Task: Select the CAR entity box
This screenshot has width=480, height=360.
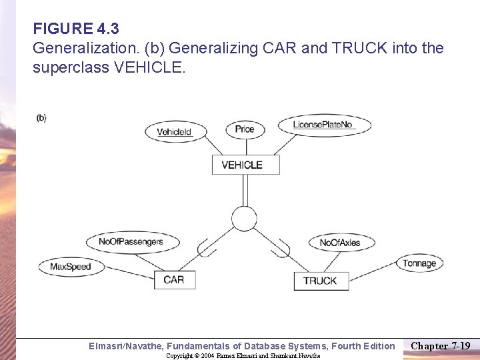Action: point(174,279)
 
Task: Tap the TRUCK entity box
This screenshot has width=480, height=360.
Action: point(320,281)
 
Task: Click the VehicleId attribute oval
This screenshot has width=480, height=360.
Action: point(174,131)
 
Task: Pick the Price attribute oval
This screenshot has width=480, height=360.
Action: point(245,129)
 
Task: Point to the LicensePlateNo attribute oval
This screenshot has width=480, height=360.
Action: point(323,125)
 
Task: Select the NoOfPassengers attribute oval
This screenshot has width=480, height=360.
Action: point(131,241)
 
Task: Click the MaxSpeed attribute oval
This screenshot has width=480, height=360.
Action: point(70,267)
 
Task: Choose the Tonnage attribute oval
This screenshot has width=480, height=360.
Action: point(419,263)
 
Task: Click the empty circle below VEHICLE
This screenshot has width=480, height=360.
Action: point(244,218)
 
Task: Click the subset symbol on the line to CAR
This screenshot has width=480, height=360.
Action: point(207,248)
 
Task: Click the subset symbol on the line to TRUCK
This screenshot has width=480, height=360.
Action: point(282,248)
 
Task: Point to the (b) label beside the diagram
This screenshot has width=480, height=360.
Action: point(41,118)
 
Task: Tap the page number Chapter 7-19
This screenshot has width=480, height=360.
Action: point(440,345)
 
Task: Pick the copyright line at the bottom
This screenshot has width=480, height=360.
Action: point(243,356)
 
